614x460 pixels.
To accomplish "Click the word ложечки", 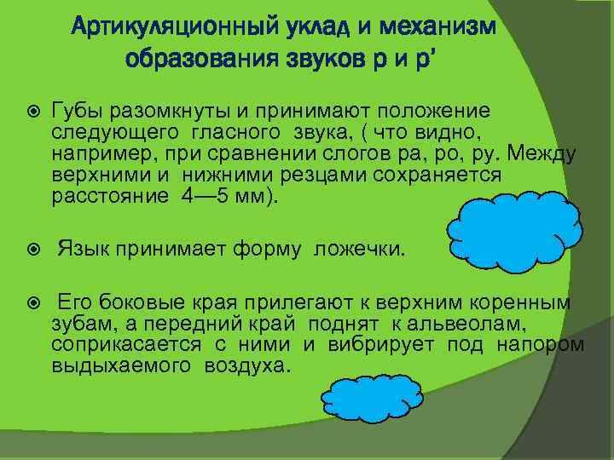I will [x=361, y=250].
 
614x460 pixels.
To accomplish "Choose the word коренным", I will [x=529, y=303].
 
